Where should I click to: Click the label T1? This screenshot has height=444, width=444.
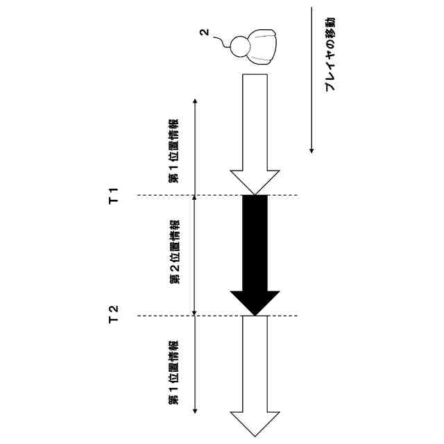(x=115, y=195)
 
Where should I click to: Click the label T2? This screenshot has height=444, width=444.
(x=115, y=316)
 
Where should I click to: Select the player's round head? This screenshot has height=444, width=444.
(x=239, y=45)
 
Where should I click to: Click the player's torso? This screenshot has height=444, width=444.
(x=262, y=45)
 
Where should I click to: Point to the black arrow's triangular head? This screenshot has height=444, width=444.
(x=255, y=302)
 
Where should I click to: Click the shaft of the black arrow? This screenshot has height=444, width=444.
(x=255, y=243)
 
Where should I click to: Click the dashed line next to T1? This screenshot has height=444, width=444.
(x=160, y=195)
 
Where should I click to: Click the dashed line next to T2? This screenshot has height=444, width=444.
(x=160, y=316)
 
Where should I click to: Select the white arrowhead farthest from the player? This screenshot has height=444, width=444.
(x=255, y=423)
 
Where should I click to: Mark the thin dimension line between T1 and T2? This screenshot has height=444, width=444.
(x=195, y=255)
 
